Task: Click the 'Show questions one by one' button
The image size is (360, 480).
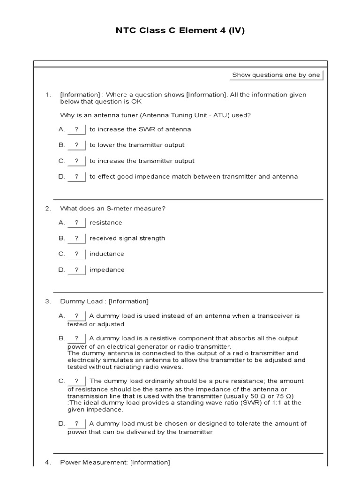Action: (x=277, y=75)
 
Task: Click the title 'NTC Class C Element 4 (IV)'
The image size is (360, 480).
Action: (x=180, y=31)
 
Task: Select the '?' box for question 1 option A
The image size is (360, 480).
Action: (x=77, y=129)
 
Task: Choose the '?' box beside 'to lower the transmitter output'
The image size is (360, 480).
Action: (x=77, y=145)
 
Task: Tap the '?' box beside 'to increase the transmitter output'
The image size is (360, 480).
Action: (x=77, y=161)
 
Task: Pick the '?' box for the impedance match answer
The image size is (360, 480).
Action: (x=77, y=177)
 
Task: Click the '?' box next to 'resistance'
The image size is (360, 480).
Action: (x=77, y=223)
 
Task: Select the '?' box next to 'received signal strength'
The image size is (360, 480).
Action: (x=77, y=238)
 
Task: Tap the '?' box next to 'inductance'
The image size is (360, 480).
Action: (x=77, y=254)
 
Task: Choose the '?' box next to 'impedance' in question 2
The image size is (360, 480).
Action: (x=77, y=270)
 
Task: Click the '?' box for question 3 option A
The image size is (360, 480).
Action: (x=77, y=316)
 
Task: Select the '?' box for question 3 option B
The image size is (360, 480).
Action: (x=77, y=338)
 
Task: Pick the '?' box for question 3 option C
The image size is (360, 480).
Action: (x=77, y=381)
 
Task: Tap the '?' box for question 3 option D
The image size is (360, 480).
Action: (x=77, y=424)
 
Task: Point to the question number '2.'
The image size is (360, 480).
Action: (x=48, y=209)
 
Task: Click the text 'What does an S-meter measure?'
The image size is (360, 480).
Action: (x=112, y=209)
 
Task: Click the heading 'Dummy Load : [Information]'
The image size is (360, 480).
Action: (x=104, y=301)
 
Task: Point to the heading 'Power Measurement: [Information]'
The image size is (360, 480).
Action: (x=115, y=463)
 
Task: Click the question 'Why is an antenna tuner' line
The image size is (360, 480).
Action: (x=154, y=115)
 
